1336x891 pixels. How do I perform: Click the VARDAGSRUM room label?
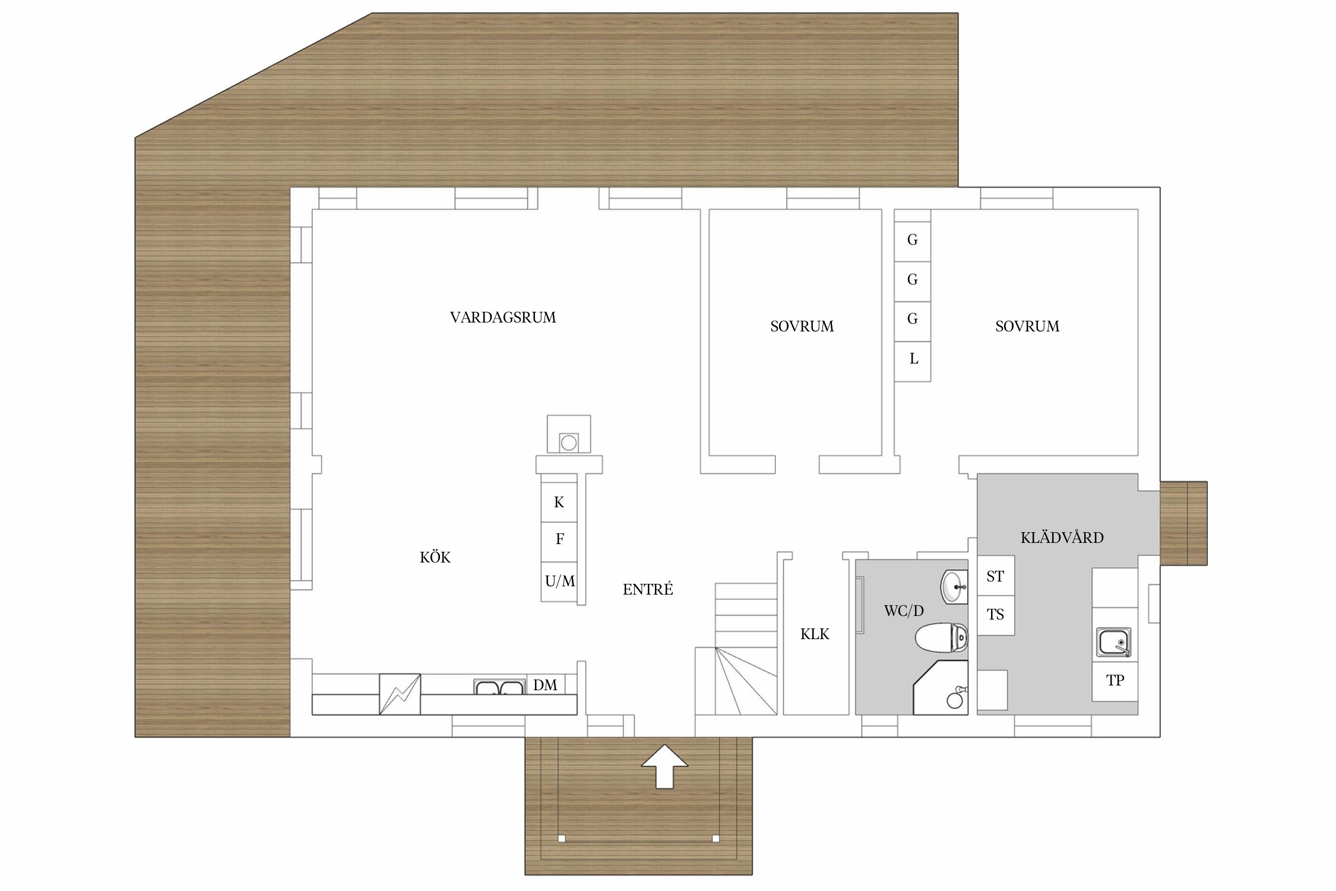coord(503,318)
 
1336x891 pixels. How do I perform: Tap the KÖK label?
coord(435,557)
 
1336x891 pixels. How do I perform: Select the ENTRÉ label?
coord(648,589)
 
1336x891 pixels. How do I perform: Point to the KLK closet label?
coord(815,634)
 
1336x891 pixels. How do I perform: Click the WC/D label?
coord(904,611)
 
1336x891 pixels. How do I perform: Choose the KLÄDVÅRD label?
coord(1062,538)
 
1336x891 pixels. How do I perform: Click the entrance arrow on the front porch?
coord(664,766)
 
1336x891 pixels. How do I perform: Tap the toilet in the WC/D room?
coord(942,638)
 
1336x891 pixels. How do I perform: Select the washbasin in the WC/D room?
coord(955,587)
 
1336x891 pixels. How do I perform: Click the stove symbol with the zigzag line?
coord(400,694)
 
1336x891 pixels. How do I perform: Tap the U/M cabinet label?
coord(559,582)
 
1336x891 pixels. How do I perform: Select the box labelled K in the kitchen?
coord(559,503)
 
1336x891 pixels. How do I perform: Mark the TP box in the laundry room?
coord(1115,681)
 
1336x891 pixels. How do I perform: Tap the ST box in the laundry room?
coord(996,576)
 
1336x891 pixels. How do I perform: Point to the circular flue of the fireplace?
coord(569,443)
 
